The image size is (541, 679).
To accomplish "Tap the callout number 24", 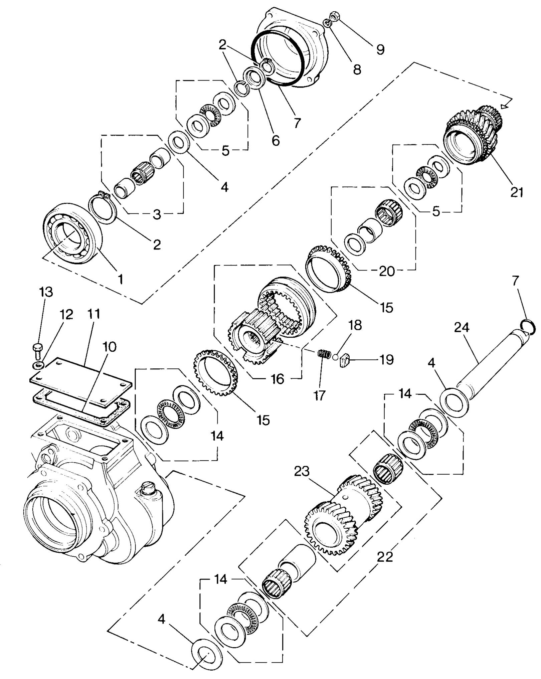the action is tap(462, 327).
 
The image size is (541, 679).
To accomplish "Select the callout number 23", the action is tap(302, 472).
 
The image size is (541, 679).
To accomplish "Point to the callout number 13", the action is tap(46, 292).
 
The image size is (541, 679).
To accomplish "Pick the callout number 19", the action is tap(386, 360).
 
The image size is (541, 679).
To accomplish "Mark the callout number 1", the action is tap(121, 279).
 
